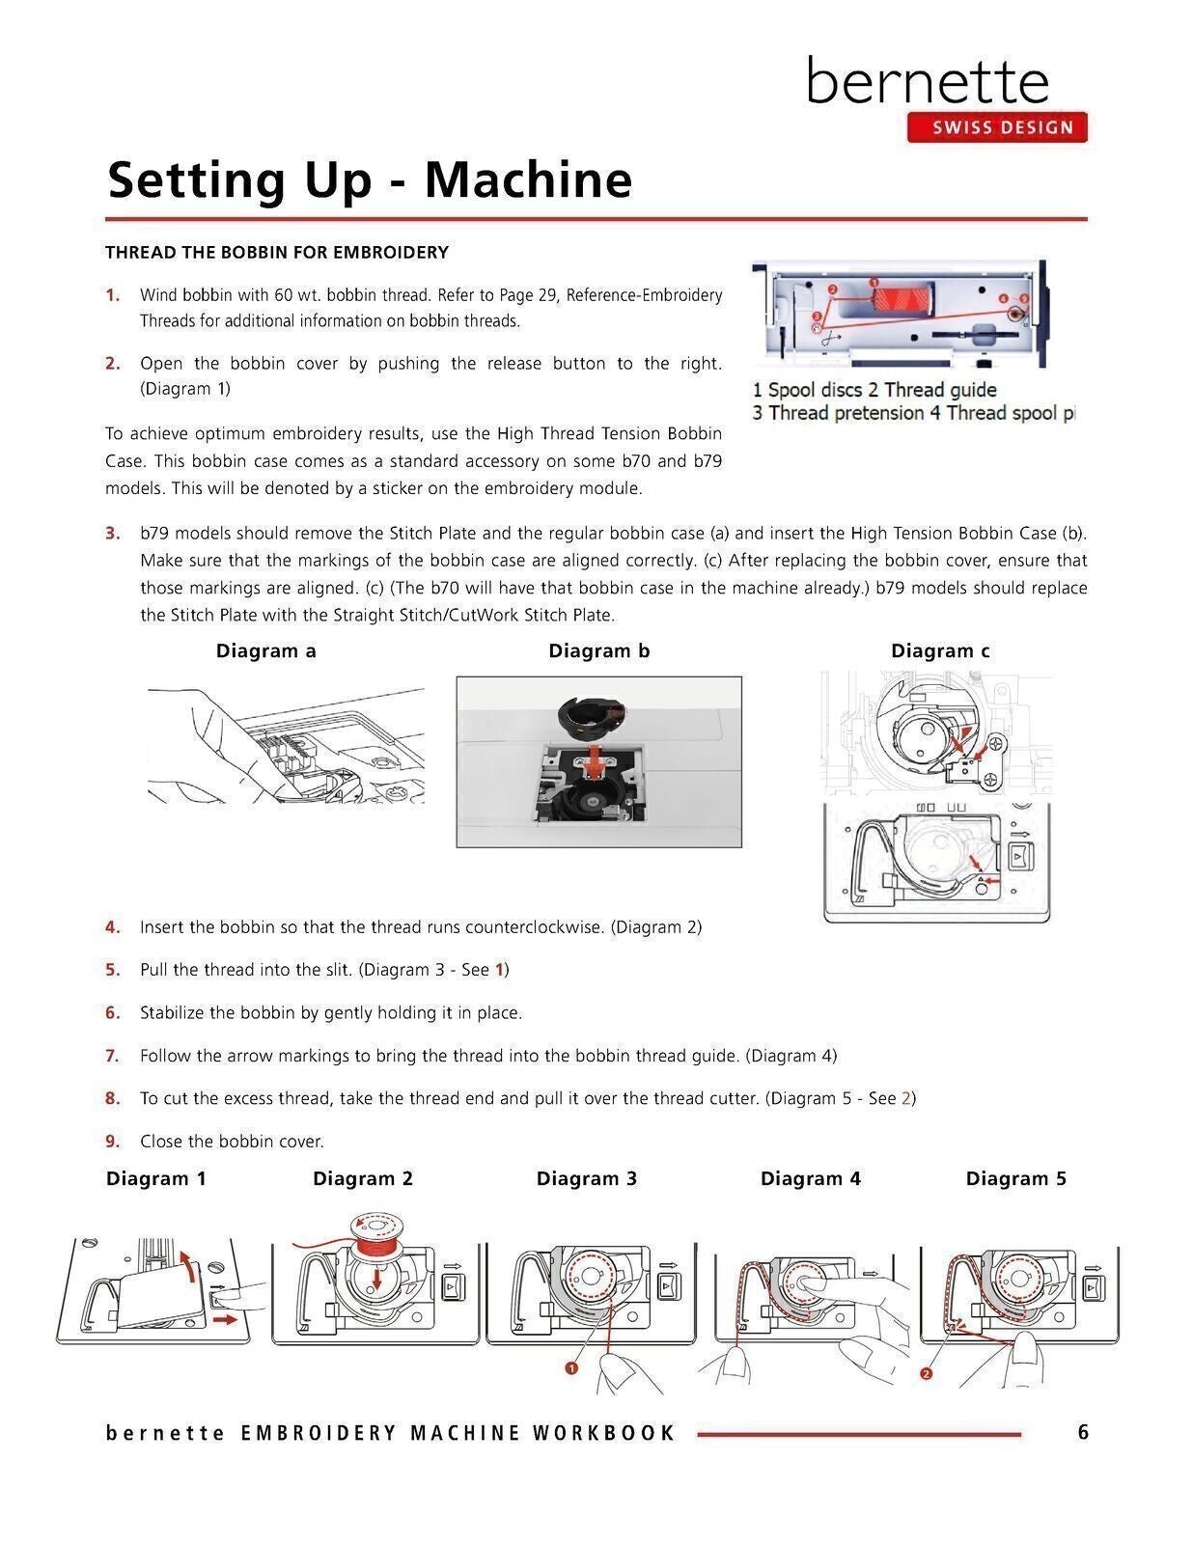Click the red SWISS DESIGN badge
[x=996, y=127]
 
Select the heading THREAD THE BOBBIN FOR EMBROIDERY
[x=277, y=253]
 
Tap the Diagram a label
[x=266, y=651]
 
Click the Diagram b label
[x=598, y=651]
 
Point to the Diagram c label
[x=940, y=651]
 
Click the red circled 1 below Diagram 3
[x=571, y=1368]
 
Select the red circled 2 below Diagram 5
[x=927, y=1374]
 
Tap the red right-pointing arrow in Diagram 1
[x=223, y=1318]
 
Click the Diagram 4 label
[x=810, y=1179]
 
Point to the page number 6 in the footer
[x=1083, y=1432]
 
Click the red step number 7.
[x=112, y=1056]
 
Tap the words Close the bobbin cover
[x=232, y=1142]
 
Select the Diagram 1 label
[x=156, y=1179]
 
